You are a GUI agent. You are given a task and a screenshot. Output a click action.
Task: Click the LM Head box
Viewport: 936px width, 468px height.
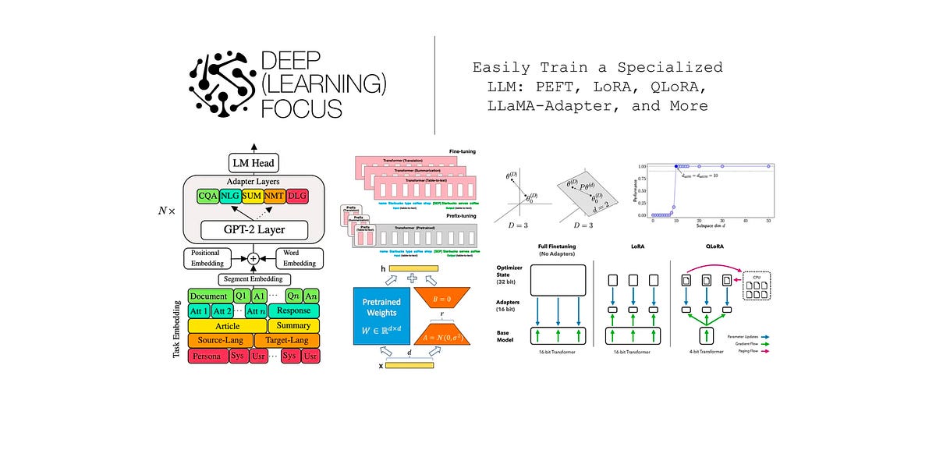click(x=253, y=163)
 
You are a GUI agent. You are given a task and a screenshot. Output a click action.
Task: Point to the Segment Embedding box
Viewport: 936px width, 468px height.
click(x=253, y=279)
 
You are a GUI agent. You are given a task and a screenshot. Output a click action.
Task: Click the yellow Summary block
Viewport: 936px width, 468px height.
click(x=293, y=325)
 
